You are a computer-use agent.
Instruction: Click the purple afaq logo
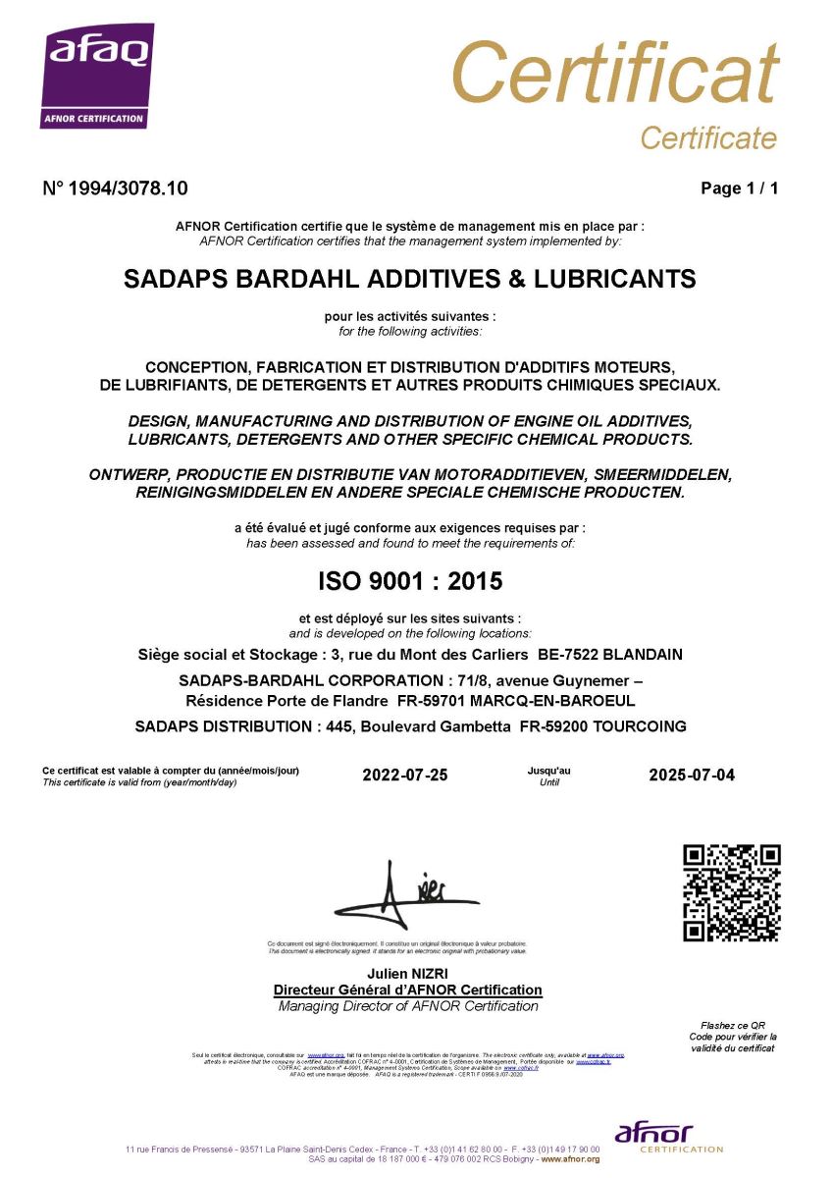point(97,75)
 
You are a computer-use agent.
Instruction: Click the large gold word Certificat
point(615,74)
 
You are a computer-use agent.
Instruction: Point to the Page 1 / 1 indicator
point(739,188)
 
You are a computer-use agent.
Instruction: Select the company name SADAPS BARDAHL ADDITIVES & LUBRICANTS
point(410,279)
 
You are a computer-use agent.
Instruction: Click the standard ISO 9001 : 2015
point(410,581)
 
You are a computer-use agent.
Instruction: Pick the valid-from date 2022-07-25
point(404,775)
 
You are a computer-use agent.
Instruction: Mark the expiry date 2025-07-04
point(691,775)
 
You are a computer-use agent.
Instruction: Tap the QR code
point(731,892)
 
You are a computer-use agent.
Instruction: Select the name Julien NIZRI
point(406,973)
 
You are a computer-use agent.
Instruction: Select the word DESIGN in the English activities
point(161,421)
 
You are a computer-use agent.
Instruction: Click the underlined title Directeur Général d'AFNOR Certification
point(407,990)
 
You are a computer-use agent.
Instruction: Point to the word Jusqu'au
point(548,771)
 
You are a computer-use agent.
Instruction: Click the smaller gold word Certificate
point(707,138)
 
